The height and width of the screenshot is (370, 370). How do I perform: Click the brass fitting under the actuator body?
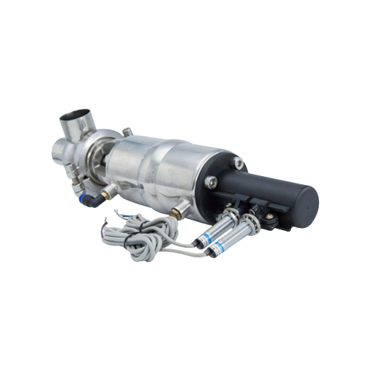[175, 212]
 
